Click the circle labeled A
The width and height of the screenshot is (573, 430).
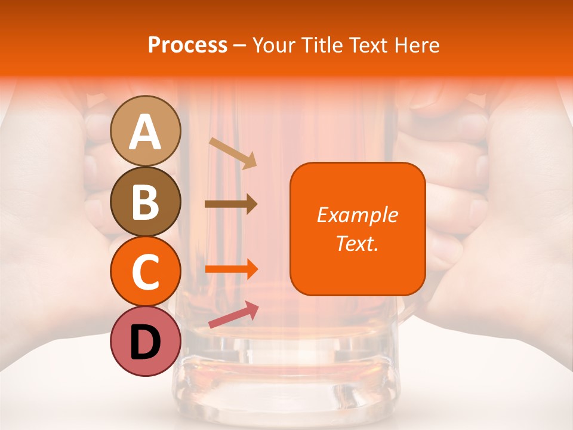click(x=146, y=131)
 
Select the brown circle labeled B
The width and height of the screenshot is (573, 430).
click(x=146, y=201)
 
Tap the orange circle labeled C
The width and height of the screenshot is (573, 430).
click(x=146, y=271)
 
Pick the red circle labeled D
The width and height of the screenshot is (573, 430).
click(x=146, y=341)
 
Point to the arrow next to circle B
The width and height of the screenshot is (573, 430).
click(x=231, y=204)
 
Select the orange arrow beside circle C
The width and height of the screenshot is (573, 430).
click(x=232, y=269)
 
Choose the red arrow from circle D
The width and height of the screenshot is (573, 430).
click(x=233, y=315)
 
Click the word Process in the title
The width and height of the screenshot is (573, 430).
click(x=187, y=45)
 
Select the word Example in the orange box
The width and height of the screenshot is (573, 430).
click(x=357, y=215)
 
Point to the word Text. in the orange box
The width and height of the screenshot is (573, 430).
click(x=357, y=243)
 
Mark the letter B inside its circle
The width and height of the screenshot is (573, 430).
click(x=146, y=201)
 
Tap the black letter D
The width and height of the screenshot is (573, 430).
click(x=146, y=342)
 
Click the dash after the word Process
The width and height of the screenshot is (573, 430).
click(x=239, y=46)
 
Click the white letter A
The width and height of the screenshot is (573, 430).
click(x=146, y=132)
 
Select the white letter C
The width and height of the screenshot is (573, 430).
click(x=146, y=272)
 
